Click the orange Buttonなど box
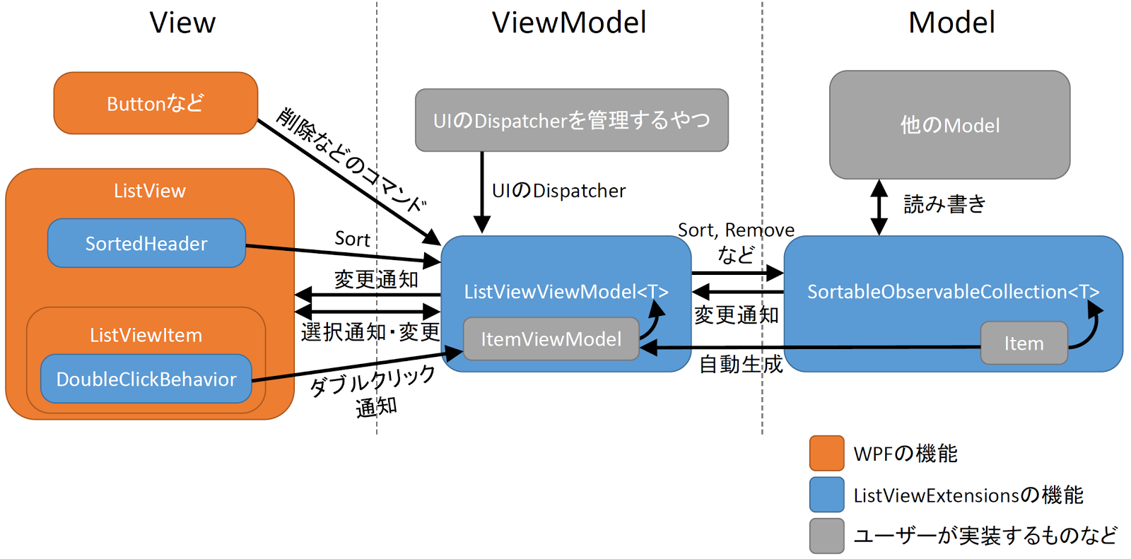coord(156,103)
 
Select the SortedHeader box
coord(146,243)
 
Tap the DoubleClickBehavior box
coord(146,379)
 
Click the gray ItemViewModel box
coord(551,339)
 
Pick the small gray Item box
coord(1024,343)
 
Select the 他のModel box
coord(950,124)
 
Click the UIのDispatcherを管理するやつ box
coord(572,120)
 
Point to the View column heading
coord(182,23)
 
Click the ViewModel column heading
coord(569,23)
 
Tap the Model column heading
coord(951,23)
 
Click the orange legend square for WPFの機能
coord(826,453)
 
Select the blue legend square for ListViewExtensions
coord(826,495)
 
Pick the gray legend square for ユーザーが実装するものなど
coord(826,536)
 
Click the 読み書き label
coord(944,204)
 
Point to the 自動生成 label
coord(741,364)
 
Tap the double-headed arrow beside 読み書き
coord(879,207)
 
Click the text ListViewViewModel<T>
coord(566,291)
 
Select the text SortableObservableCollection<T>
coord(954,291)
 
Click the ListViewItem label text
coord(146,335)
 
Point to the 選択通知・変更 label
coord(370,331)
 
